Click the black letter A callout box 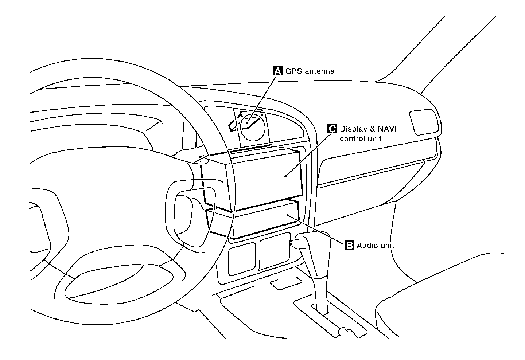tap(277, 71)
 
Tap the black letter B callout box tap(349, 245)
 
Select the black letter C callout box tap(332, 129)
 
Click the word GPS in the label tap(293, 71)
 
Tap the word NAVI tap(387, 129)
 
